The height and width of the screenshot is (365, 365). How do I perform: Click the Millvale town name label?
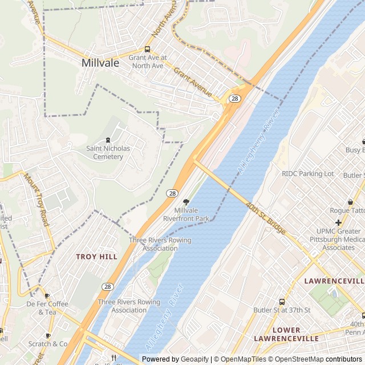[x=100, y=63]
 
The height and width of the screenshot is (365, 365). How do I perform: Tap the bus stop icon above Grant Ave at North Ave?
[x=147, y=49]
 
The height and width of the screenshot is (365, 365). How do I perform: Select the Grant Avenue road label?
[x=193, y=82]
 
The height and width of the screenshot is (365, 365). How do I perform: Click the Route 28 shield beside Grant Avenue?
[x=234, y=99]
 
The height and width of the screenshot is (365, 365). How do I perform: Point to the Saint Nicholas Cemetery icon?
[x=108, y=140]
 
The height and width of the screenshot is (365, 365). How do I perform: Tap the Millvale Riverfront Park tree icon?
[x=186, y=202]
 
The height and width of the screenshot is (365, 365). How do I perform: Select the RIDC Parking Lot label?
[x=307, y=173]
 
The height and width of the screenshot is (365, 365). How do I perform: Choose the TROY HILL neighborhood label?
[x=96, y=257]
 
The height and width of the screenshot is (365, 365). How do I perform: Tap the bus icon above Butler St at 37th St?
[x=282, y=302]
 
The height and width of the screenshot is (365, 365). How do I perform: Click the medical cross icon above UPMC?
[x=339, y=222]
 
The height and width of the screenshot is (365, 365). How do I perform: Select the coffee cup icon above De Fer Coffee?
[x=47, y=295]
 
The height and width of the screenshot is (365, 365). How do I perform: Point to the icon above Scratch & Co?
[x=48, y=335]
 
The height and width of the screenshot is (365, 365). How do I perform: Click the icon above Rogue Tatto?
[x=350, y=202]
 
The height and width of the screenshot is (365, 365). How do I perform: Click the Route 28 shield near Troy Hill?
[x=108, y=286]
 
